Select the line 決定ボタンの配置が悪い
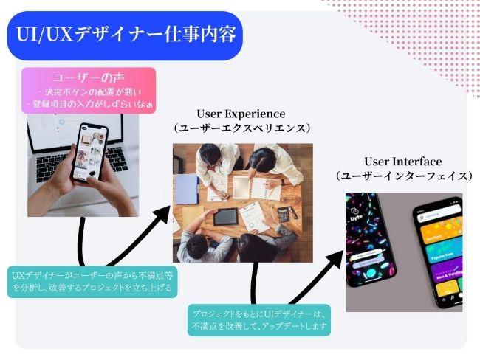(92, 91)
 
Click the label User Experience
(241, 114)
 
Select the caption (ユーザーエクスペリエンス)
(241, 128)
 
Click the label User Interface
(402, 162)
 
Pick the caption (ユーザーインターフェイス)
(402, 176)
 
